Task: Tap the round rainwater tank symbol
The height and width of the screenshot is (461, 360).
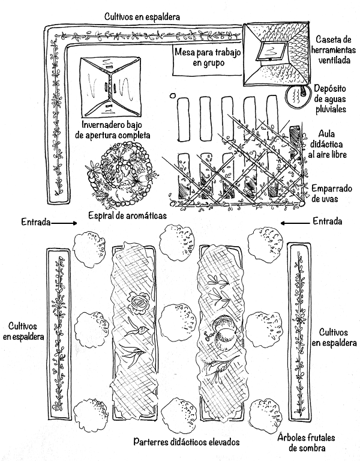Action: point(294,95)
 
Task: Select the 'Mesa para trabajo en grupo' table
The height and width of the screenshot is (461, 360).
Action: point(208,59)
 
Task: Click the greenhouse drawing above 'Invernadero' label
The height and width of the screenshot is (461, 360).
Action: point(110,87)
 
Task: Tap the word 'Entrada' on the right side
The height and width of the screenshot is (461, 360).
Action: point(328,222)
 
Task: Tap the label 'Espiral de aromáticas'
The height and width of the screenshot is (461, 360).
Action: point(127,214)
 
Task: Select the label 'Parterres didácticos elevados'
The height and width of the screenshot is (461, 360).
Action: point(186,442)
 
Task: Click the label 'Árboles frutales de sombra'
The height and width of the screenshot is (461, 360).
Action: point(306,442)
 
